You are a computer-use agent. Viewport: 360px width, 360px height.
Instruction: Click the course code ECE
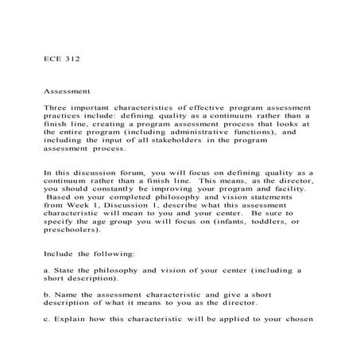(x=53, y=58)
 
